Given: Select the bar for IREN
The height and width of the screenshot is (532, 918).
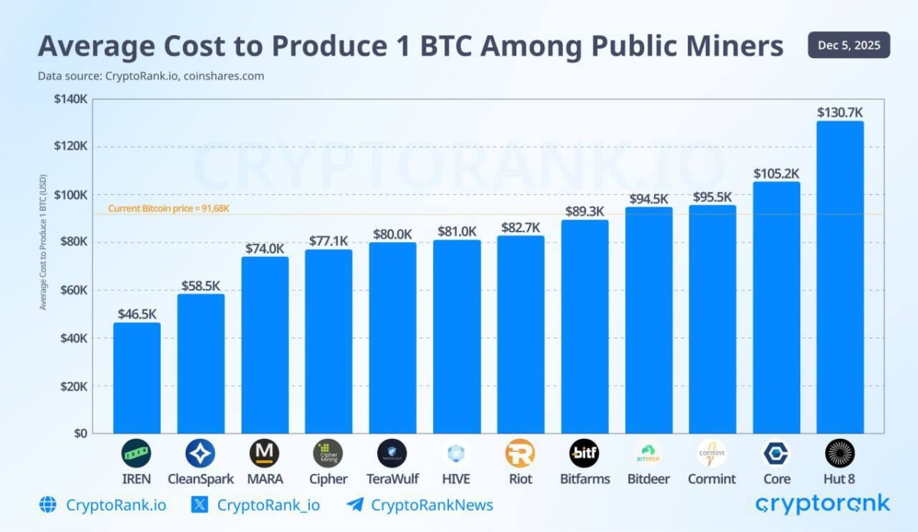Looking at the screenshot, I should point(137,378).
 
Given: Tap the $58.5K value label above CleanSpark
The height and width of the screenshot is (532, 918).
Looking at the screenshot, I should point(200,286).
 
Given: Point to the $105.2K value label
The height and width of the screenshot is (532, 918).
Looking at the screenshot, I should point(776,174).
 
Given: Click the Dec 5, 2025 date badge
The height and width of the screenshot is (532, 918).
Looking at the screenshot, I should point(848,45).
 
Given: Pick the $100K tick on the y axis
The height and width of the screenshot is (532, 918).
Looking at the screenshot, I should point(71,195).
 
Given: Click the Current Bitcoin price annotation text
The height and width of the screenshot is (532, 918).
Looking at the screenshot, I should point(168,208).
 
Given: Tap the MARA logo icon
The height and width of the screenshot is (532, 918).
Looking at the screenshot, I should point(264,453).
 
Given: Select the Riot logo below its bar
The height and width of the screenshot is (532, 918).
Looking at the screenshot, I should point(520,453).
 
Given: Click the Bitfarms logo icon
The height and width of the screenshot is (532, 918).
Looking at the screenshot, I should point(584,453).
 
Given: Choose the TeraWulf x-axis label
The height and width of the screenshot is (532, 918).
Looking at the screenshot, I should point(392,479).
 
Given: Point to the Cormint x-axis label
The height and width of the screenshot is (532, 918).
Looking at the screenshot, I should point(711,479).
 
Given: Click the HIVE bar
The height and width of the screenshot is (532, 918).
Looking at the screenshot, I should point(457,336).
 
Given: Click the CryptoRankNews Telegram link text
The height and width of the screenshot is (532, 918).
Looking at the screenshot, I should point(431,504).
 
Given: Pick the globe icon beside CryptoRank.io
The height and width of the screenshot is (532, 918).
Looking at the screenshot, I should point(48,504).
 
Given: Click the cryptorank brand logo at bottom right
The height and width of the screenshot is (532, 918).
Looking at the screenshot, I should point(822,504).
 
